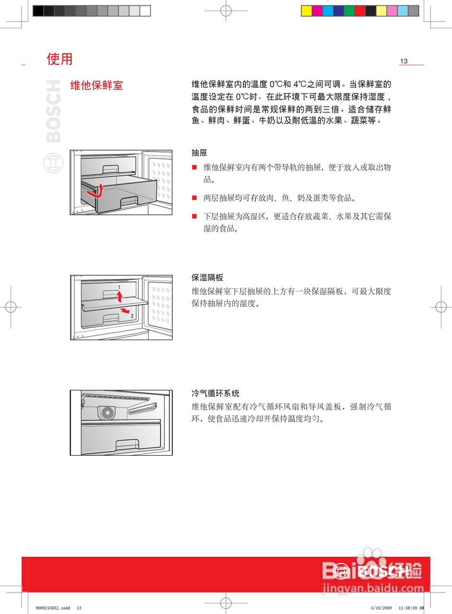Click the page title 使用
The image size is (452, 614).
pyautogui.click(x=59, y=59)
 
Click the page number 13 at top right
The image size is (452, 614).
pyautogui.click(x=404, y=61)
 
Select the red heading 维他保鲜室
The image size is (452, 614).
pyautogui.click(x=96, y=85)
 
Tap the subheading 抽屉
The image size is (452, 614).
pyautogui.click(x=199, y=153)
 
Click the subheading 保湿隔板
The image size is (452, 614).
pyautogui.click(x=207, y=278)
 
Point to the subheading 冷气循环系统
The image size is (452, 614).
pyautogui.click(x=215, y=393)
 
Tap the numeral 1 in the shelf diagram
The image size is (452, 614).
pyautogui.click(x=119, y=287)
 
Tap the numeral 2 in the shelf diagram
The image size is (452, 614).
pyautogui.click(x=132, y=316)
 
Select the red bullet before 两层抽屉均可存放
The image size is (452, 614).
pyautogui.click(x=194, y=198)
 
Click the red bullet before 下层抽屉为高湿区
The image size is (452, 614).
pyautogui.click(x=194, y=216)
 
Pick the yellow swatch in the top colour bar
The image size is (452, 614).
pyautogui.click(x=307, y=11)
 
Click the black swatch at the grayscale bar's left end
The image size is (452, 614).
pyautogui.click(x=38, y=11)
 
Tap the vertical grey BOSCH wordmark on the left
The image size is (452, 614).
pyautogui.click(x=53, y=111)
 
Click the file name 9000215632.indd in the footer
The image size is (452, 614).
pyautogui.click(x=52, y=608)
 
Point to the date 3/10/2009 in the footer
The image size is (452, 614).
pyautogui.click(x=381, y=608)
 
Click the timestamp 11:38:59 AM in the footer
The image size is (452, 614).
pyautogui.click(x=411, y=608)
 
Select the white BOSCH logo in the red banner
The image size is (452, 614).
pyautogui.click(x=372, y=571)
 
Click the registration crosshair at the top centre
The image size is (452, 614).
pyautogui.click(x=226, y=10)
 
